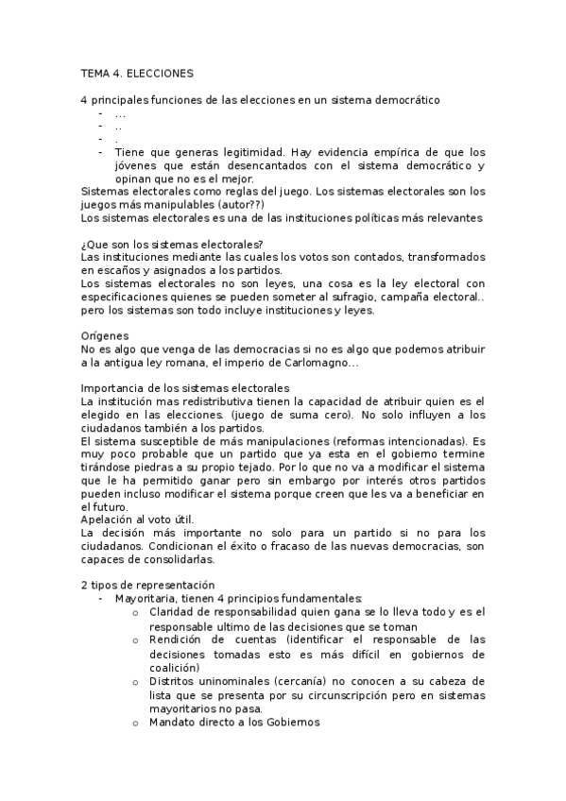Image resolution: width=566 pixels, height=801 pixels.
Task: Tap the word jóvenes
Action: click(138, 165)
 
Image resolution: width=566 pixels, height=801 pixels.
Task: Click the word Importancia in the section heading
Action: click(111, 388)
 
